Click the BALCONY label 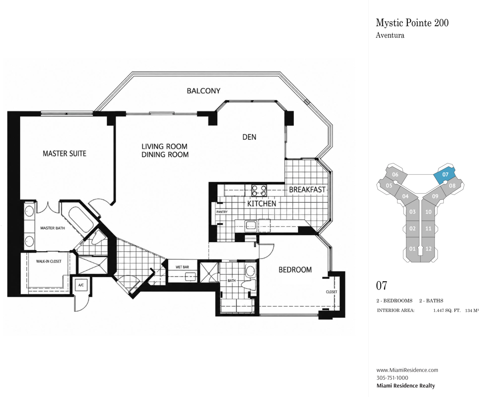pos(204,91)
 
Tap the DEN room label pos(249,137)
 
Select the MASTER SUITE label pos(65,153)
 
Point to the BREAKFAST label pos(307,190)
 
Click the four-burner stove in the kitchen pos(259,191)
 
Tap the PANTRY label pos(222,212)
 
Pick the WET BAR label pos(182,267)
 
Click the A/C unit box pos(81,285)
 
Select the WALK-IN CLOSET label pos(49,261)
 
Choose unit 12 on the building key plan pos(428,249)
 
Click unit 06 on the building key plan pos(395,175)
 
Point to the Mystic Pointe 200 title pos(412,23)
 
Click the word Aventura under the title pos(390,35)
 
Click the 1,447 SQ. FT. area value pos(447,311)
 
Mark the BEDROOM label pos(295,270)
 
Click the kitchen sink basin pos(251,225)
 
